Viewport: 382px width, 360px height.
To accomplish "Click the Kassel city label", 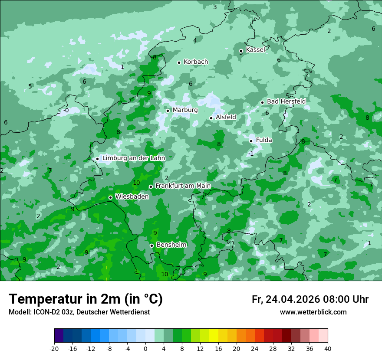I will coord(255,50).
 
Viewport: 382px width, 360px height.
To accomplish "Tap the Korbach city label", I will coord(196,62).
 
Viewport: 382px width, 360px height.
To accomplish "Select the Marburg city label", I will coord(185,110).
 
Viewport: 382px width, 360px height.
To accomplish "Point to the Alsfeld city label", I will coord(226,117).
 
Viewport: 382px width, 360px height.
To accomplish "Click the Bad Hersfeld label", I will coord(286,101).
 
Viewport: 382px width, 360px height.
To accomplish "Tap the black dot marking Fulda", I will coord(251,141).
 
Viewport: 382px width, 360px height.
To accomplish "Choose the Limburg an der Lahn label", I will coord(134,158).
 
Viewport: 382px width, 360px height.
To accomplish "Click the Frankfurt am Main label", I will coord(183,186).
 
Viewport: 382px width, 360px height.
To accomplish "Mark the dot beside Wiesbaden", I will coord(110,197).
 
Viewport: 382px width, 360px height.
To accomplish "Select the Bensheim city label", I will coord(171,245).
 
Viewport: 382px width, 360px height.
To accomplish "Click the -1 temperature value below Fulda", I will coord(250,154).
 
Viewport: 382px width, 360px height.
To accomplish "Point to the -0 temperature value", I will coord(66,111).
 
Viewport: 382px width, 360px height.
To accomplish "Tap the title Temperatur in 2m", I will coord(86,299).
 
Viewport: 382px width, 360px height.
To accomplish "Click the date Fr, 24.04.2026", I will coord(286,299).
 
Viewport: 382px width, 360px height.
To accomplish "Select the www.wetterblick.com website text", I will coord(313,312).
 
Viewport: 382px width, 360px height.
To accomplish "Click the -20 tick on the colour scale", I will coord(54,348).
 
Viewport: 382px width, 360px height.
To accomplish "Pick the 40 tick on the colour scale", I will coord(327,348).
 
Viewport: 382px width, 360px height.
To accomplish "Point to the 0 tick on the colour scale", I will coord(145,348).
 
